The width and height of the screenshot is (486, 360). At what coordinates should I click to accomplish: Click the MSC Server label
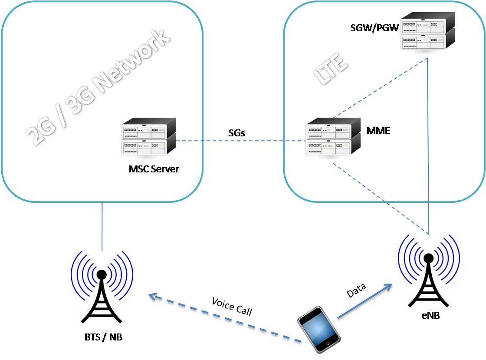click(x=154, y=169)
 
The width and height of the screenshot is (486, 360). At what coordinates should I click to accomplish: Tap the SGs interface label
click(x=237, y=133)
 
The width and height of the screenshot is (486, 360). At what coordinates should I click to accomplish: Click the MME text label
click(x=378, y=131)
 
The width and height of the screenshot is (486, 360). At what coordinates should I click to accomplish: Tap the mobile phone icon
click(x=318, y=329)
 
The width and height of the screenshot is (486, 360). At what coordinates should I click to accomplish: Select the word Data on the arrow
click(x=356, y=290)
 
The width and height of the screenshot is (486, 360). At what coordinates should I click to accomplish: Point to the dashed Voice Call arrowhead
click(x=153, y=296)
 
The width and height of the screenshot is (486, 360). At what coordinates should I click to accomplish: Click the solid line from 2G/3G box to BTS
click(x=102, y=226)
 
